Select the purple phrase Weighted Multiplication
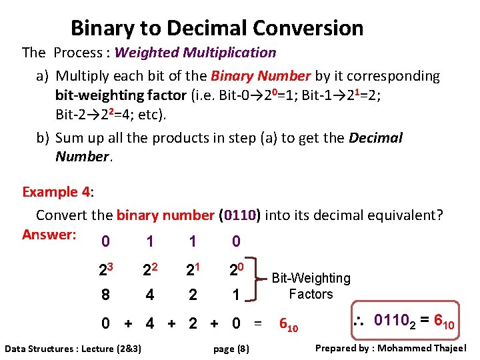(x=195, y=52)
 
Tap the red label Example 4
(x=56, y=192)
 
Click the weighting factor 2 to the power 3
(x=106, y=271)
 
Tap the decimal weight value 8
(x=105, y=294)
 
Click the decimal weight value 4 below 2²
(x=149, y=294)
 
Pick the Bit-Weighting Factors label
(x=311, y=286)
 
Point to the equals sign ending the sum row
(x=258, y=325)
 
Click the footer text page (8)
(x=231, y=348)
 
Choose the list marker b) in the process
(x=43, y=138)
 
